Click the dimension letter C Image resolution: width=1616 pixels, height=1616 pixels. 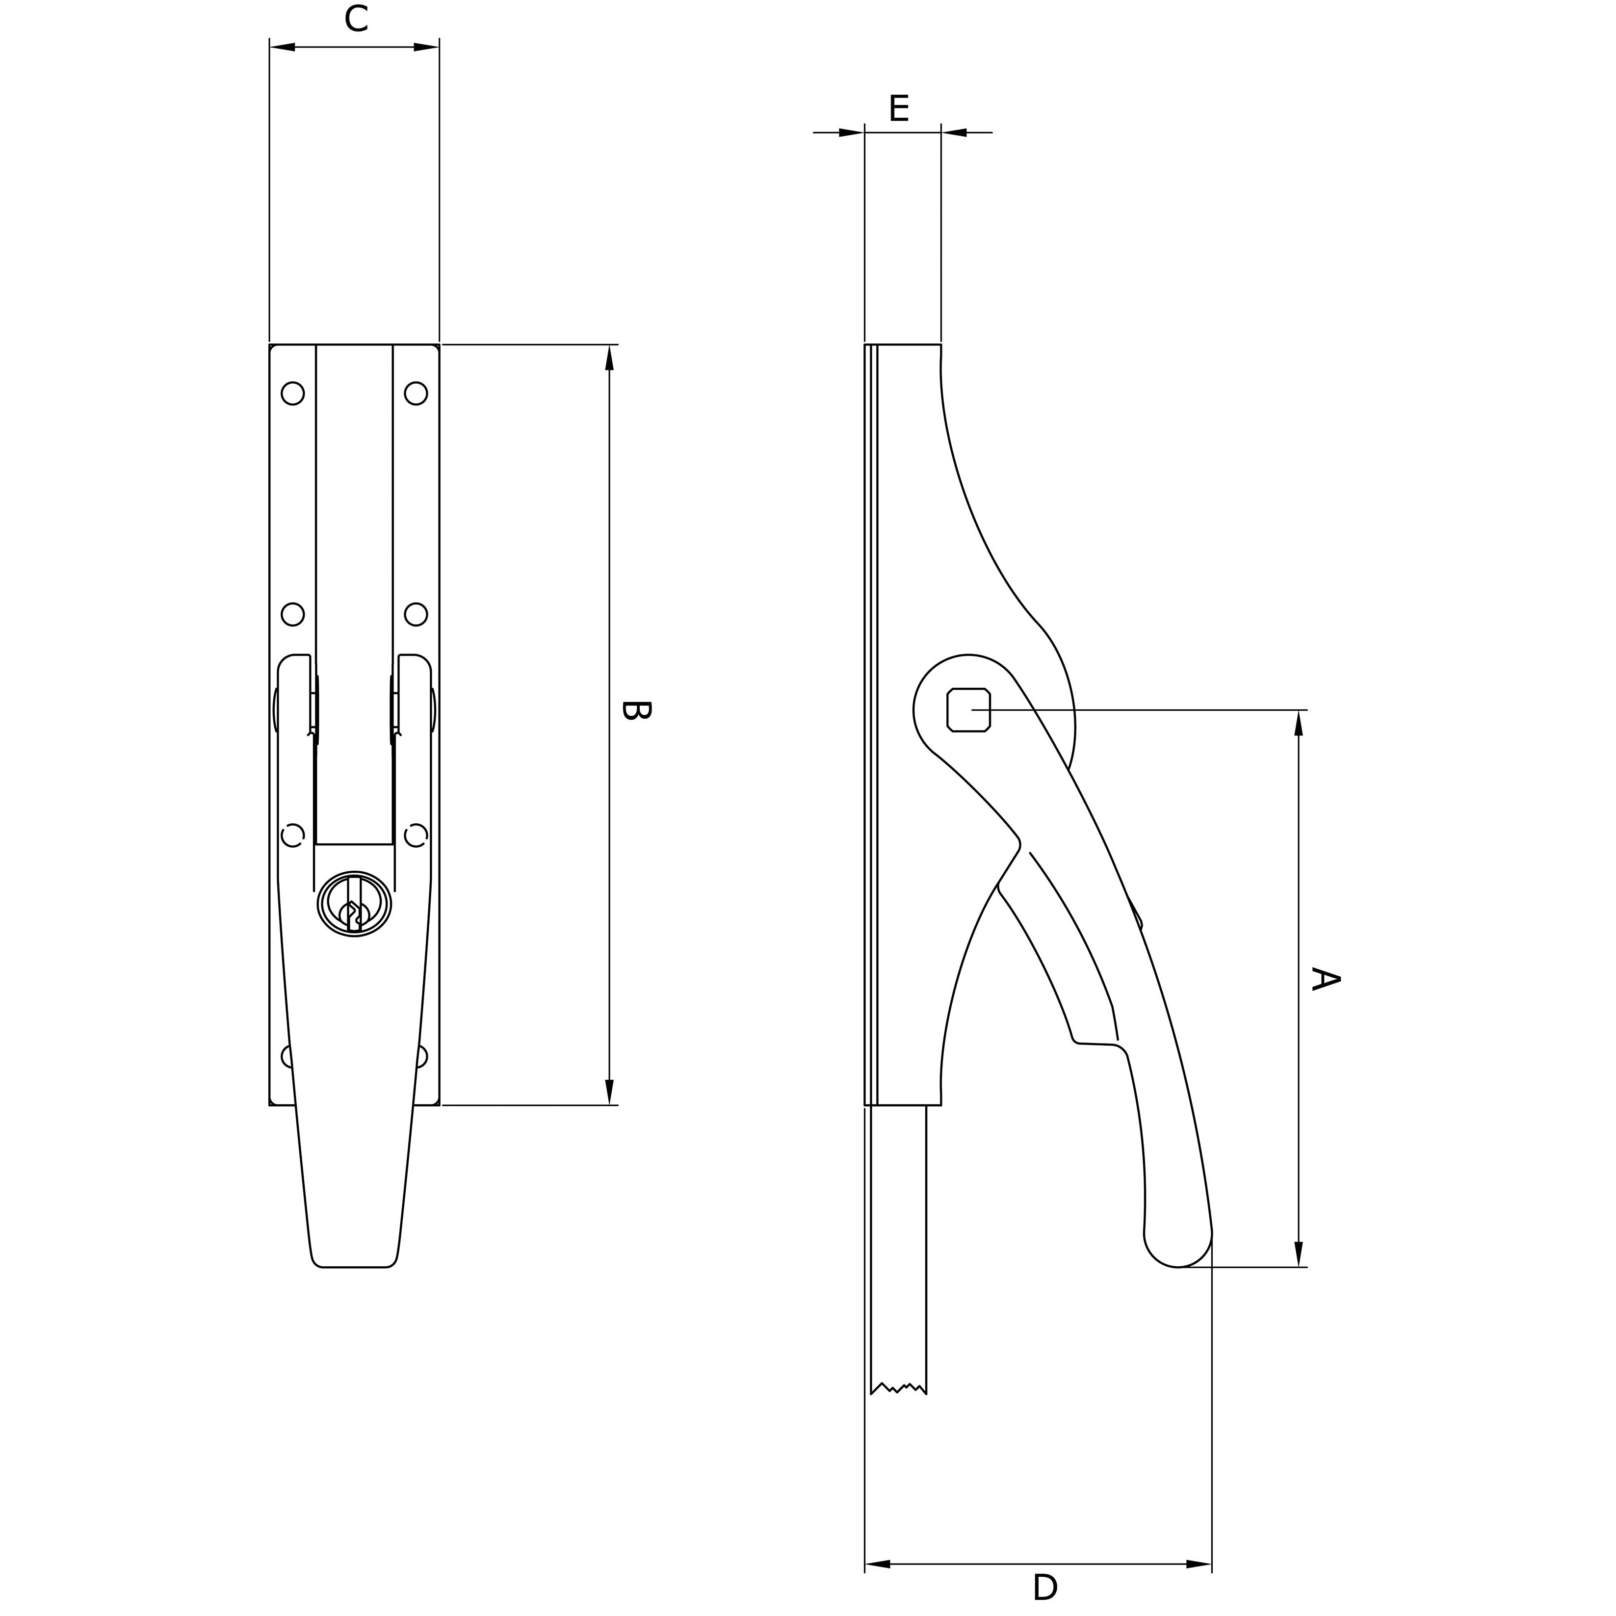pyautogui.click(x=356, y=19)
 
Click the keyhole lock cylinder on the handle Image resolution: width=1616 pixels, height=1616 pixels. pyautogui.click(x=355, y=903)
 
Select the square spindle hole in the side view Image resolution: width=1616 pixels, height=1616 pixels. pyautogui.click(x=968, y=710)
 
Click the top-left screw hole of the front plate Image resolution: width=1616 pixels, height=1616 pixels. pyautogui.click(x=293, y=393)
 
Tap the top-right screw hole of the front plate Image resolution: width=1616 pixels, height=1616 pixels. pyautogui.click(x=416, y=393)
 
